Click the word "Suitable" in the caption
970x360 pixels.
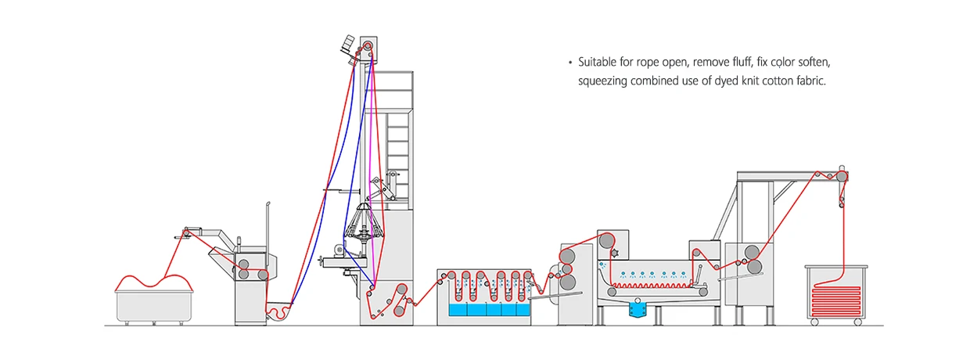(596, 62)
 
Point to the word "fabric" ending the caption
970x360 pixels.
(808, 81)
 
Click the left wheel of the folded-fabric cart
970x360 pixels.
(814, 322)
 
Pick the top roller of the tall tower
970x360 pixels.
(368, 46)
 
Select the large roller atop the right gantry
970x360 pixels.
(842, 176)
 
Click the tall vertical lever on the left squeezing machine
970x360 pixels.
(268, 227)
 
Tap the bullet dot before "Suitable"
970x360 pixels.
(570, 62)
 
